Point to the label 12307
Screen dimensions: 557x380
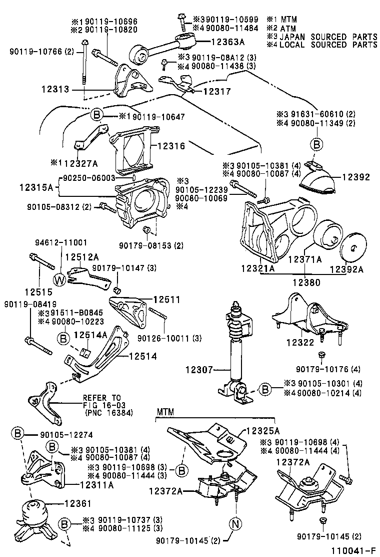(198, 371)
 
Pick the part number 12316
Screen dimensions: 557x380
(171, 146)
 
